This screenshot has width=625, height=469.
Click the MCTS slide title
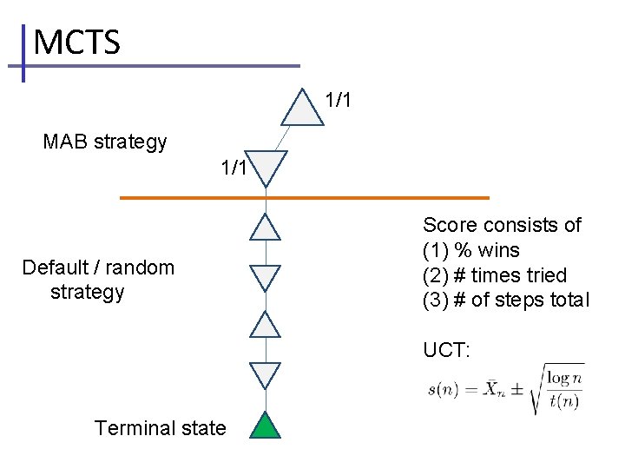tap(76, 43)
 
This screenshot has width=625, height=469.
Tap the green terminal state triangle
tap(266, 426)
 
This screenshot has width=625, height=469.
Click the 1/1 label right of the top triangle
tap(338, 100)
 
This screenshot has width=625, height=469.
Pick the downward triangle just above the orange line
tap(266, 167)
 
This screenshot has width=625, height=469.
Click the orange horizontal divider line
tap(304, 198)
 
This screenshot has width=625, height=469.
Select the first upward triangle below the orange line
tap(266, 228)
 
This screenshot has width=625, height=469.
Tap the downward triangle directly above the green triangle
tap(266, 374)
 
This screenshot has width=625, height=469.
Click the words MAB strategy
tap(105, 142)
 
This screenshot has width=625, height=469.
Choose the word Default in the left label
tap(56, 268)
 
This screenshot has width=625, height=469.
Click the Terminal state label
tap(161, 428)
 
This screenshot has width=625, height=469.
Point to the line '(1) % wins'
tap(471, 251)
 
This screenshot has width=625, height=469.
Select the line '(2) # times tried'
tap(495, 275)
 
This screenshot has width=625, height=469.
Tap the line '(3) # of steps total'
tap(506, 301)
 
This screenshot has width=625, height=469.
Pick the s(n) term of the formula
tap(444, 390)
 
